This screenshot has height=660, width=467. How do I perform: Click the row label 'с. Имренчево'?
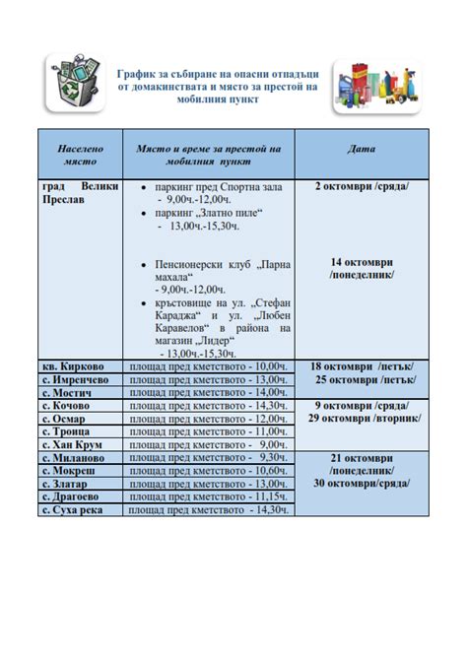click(x=75, y=379)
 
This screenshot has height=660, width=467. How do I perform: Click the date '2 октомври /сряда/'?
click(x=362, y=185)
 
